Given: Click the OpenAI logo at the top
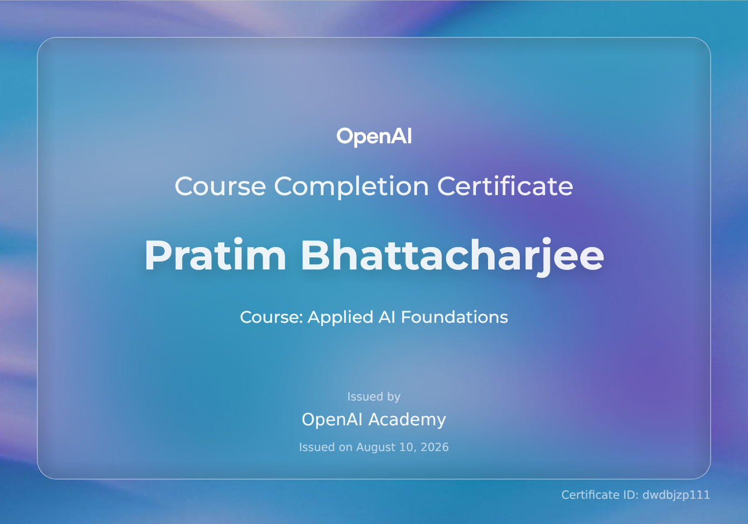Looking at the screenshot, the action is pos(374,136).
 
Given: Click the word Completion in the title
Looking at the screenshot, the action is pos(351,187).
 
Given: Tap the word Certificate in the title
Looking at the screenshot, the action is pos(505,186).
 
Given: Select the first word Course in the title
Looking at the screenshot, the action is pos(220,187).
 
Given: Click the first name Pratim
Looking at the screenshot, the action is pos(215,255).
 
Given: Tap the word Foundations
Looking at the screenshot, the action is pos(454,317).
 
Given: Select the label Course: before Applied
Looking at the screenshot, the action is pos(271,317).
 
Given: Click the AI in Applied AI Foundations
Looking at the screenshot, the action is pos(387,317).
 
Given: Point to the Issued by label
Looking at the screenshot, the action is pos(374,397).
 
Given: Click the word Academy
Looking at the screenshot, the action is pos(407,420).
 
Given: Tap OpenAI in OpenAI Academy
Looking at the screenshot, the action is pos(332,420).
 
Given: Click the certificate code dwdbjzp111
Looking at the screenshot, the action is pos(676,495).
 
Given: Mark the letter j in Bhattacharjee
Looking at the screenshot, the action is pos(545,257).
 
